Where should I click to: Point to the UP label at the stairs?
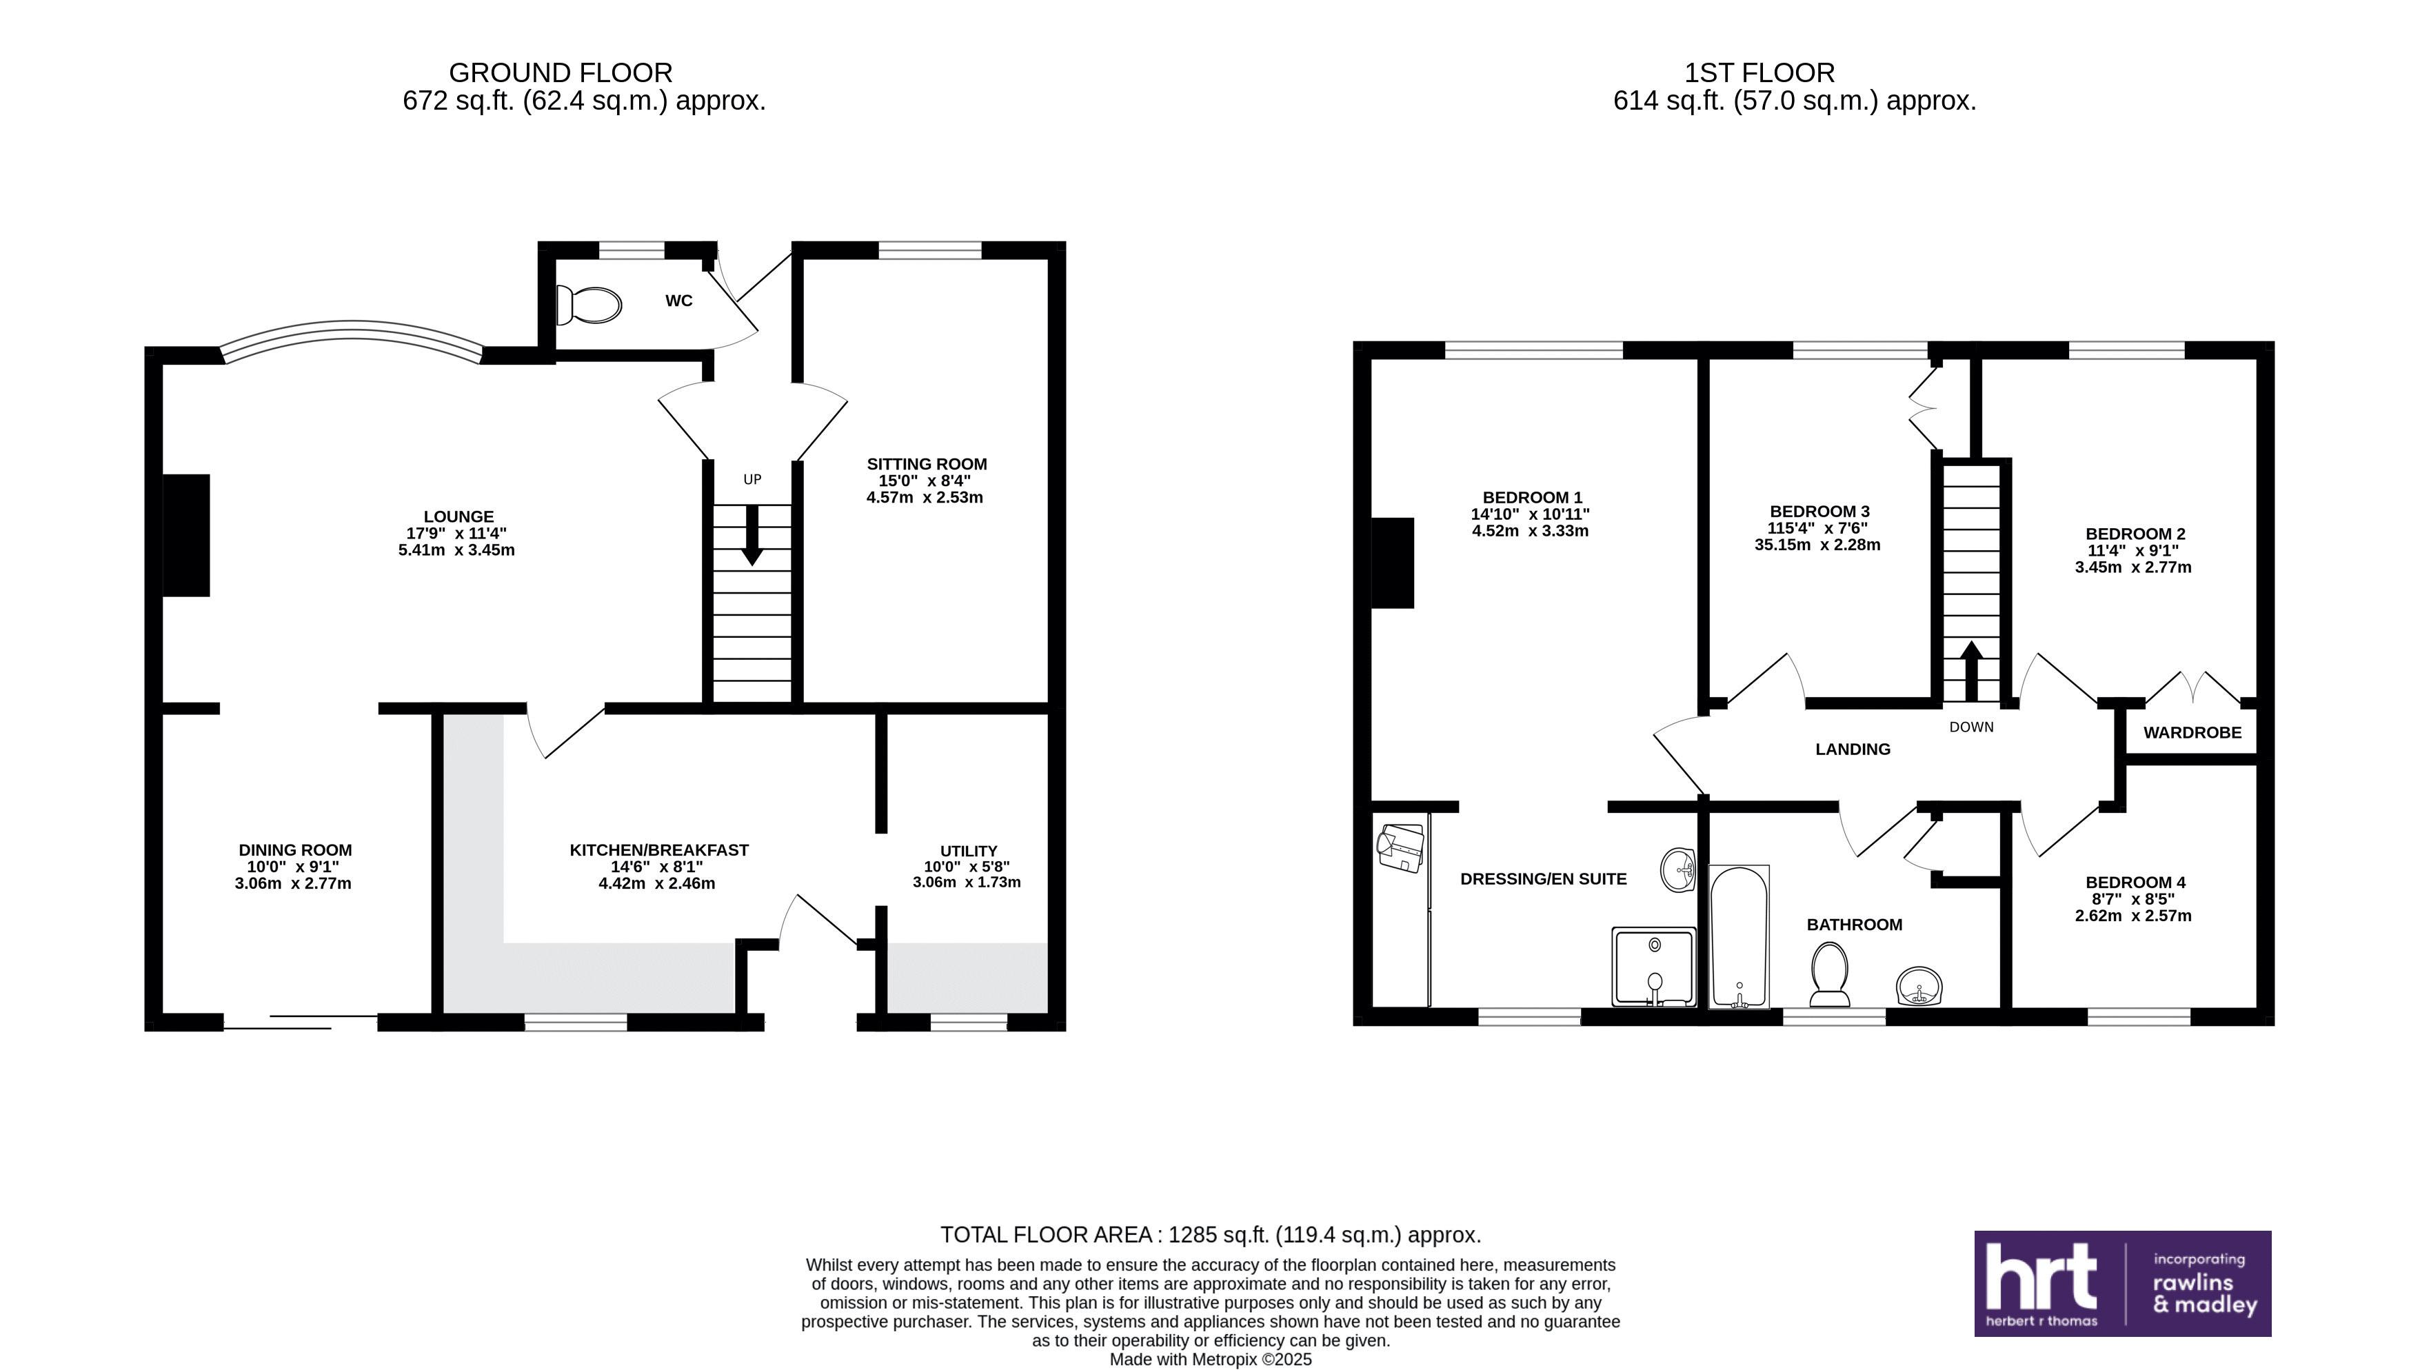pos(752,480)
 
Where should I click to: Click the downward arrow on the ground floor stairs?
pos(752,536)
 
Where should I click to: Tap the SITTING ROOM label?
pos(926,464)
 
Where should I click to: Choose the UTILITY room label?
pos(968,851)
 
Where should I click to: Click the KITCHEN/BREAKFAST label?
pos(658,849)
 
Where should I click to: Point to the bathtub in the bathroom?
pos(1738,936)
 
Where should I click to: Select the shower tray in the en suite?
pos(1653,967)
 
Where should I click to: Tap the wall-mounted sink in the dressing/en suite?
pos(1677,869)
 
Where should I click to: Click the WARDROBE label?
pos(2192,733)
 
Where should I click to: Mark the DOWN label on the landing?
pos(1971,727)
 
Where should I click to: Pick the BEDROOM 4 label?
pos(2135,883)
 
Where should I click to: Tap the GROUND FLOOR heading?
pos(560,73)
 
